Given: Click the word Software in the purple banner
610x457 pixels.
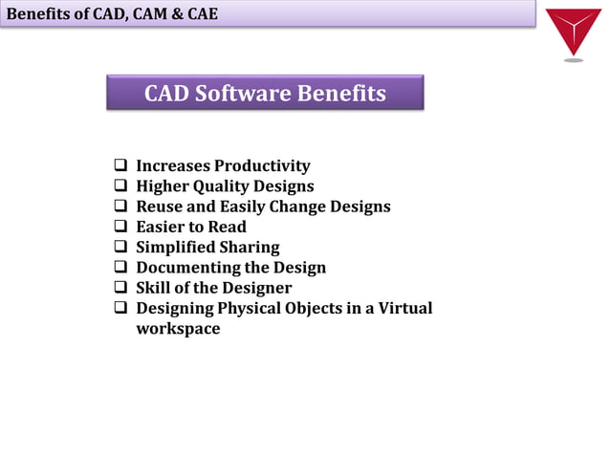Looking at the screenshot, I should [x=245, y=94].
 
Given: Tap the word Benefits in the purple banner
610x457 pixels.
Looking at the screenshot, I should [x=342, y=94].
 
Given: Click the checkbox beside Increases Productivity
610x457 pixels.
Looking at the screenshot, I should [x=121, y=166].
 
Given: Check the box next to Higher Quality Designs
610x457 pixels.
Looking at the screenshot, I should [x=121, y=186].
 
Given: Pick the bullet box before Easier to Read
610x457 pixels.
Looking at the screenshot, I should [x=121, y=227].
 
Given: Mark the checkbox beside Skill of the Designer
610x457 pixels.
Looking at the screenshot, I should [x=121, y=288].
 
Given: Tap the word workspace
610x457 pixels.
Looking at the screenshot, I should [x=178, y=329].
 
